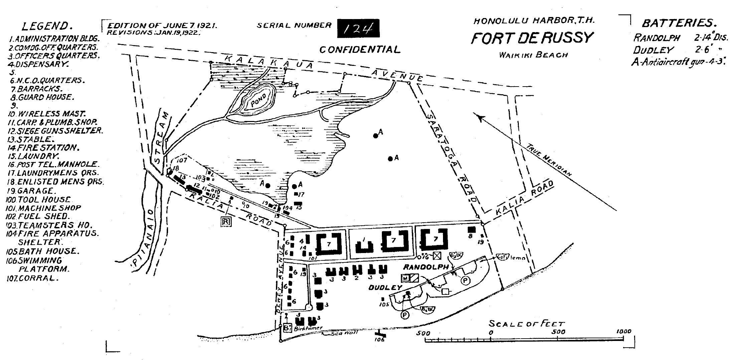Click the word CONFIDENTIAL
tap(359, 50)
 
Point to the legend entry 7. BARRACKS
tap(37, 89)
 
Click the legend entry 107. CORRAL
tap(33, 278)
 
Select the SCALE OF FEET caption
tap(527, 324)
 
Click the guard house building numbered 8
tap(471, 230)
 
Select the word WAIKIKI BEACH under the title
tap(533, 55)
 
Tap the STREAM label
tap(159, 137)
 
